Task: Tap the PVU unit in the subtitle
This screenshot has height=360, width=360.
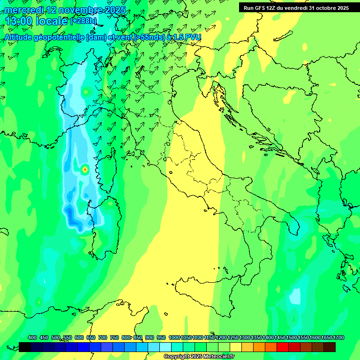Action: tap(192, 37)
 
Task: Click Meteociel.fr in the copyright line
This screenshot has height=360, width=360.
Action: tap(217, 357)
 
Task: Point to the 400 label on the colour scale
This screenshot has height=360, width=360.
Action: tap(32, 337)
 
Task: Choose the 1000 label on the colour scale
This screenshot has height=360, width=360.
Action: tap(174, 337)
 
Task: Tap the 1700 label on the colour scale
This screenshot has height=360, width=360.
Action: tap(338, 337)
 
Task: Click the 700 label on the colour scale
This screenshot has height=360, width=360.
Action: tap(103, 337)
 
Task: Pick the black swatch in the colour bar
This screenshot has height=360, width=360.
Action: tap(25, 347)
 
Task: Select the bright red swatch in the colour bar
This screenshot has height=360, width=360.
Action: tap(282, 347)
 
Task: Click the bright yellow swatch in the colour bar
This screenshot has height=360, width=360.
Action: tap(236, 347)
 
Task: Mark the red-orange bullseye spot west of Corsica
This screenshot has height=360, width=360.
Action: tap(85, 169)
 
